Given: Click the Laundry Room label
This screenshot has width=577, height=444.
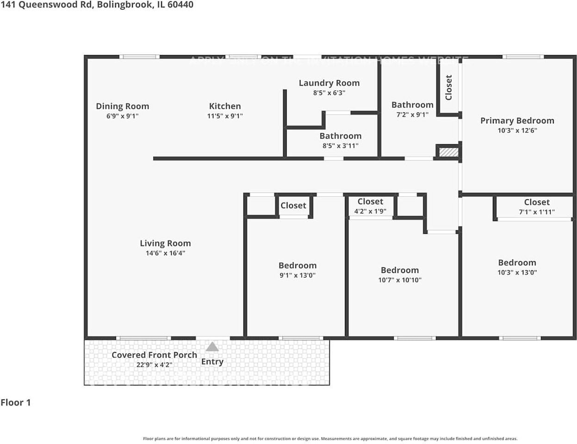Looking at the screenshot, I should pos(329,83).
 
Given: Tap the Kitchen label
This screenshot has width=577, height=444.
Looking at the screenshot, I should pos(225,106).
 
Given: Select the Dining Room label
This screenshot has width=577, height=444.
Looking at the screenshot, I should pos(122,106).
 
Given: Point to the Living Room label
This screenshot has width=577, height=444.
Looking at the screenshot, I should pos(165,243).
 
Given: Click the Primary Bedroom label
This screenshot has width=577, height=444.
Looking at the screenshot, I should pos(517,121).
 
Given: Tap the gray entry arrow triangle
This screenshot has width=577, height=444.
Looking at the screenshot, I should pos(212,346).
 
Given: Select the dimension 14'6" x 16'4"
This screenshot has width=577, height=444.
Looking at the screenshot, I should pos(165,253).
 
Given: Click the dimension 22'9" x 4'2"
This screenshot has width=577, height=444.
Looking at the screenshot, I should pos(154,365).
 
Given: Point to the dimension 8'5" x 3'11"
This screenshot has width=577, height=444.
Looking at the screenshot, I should pos(340,146).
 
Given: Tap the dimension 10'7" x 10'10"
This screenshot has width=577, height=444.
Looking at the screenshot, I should pos(400,280).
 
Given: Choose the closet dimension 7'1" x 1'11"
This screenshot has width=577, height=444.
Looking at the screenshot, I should pos(537,212).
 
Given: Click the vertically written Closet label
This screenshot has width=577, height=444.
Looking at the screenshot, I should pos(448,87).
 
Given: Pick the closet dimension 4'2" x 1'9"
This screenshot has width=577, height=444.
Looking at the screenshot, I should pos(370,211).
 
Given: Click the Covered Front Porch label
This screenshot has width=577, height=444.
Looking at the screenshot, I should pos(154,355).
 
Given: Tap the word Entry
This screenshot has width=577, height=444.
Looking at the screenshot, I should pos(212,362).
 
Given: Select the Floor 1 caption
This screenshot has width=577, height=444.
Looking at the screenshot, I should pos(16,402).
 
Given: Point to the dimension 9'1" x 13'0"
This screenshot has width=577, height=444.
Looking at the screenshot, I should pos(298,276).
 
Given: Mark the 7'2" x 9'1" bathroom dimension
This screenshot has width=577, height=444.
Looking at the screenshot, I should pos(412,115).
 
